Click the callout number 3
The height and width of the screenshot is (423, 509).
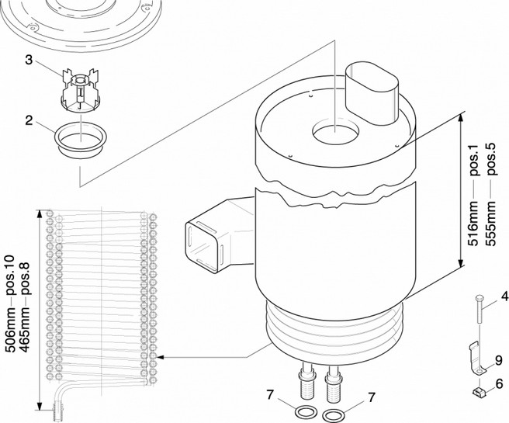point(29,60)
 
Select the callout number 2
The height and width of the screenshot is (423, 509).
point(29,120)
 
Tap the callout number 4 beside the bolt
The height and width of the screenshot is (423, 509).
point(504,296)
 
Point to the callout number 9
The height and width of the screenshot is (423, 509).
point(499,360)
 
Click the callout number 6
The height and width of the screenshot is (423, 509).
point(499,383)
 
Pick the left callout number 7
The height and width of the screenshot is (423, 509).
point(270,395)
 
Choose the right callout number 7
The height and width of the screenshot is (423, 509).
point(372,397)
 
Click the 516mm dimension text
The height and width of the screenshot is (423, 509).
point(473,224)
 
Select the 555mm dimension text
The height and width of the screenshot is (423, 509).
point(490,224)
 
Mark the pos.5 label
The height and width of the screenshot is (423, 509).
point(490,159)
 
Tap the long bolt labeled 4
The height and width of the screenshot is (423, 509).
point(480,308)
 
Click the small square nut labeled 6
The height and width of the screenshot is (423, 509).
point(477,392)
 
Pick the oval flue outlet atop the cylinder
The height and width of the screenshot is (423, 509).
point(372,93)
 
